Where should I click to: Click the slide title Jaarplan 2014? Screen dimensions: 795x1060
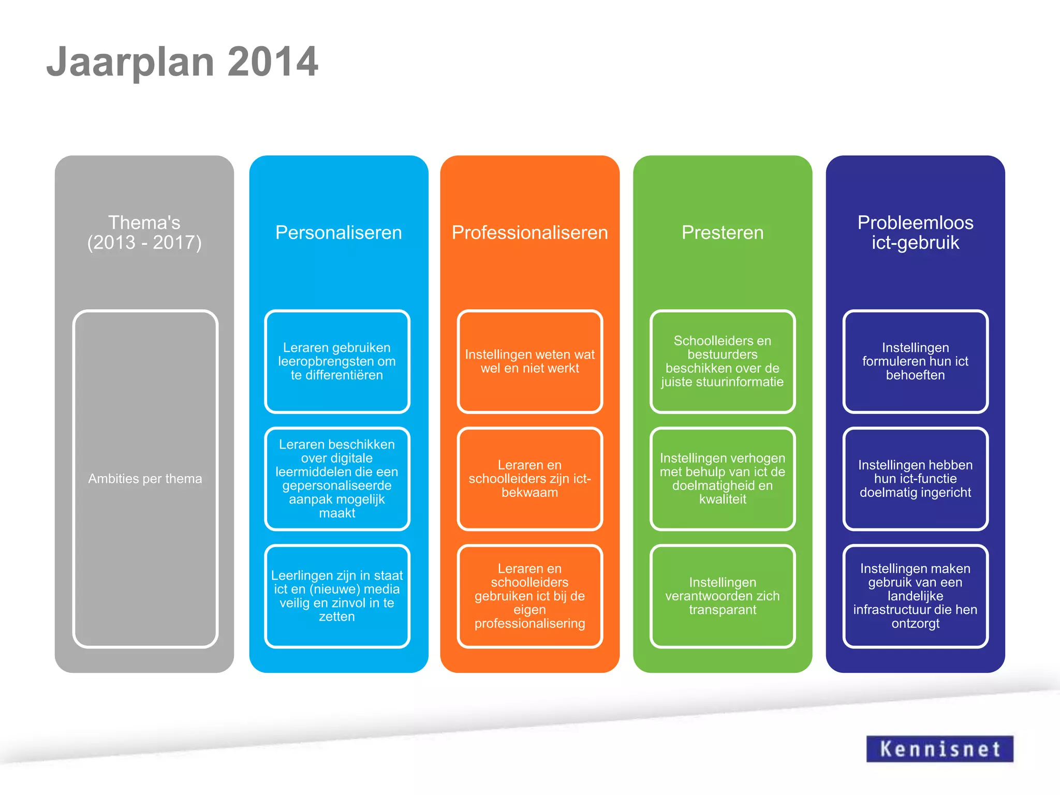[x=182, y=62]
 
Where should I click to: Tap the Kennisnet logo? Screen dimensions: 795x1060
[x=939, y=748]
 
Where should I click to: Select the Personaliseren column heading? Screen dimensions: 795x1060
[x=338, y=232]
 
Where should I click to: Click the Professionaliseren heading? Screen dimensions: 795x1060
[x=529, y=232]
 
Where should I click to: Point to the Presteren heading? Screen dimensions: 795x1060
[x=723, y=232]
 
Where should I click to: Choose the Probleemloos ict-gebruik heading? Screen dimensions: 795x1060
[x=915, y=232]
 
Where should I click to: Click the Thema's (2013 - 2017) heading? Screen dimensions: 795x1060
[x=144, y=232]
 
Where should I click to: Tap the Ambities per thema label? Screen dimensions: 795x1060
[x=145, y=478]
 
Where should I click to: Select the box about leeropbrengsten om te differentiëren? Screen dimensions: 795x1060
[x=337, y=361]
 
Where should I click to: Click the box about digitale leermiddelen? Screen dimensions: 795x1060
[x=337, y=478]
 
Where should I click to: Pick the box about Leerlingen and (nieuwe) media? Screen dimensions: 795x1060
[x=337, y=596]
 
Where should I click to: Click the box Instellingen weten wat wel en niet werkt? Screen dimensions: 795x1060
[x=529, y=361]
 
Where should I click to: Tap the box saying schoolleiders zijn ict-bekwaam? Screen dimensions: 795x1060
[x=529, y=478]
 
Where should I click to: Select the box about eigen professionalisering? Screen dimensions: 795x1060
[x=529, y=596]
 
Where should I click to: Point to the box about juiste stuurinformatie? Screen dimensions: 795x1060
[x=723, y=361]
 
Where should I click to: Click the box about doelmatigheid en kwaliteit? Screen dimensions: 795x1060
[x=723, y=478]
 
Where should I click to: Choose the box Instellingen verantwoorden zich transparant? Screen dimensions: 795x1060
[x=723, y=596]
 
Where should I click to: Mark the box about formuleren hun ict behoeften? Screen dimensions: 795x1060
[x=915, y=361]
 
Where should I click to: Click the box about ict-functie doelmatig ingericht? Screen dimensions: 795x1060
[x=915, y=478]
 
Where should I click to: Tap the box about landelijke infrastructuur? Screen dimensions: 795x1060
[x=915, y=596]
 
